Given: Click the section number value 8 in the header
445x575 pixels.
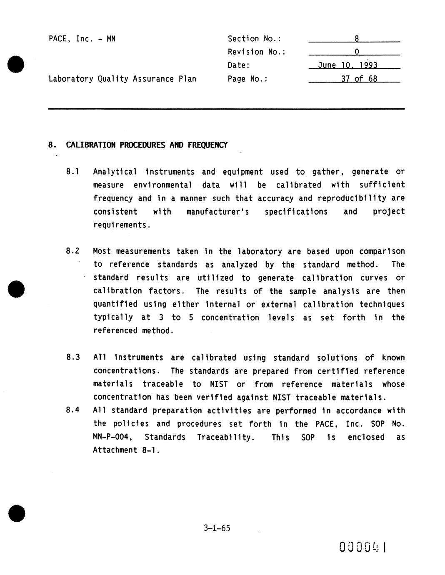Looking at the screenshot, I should [357, 39].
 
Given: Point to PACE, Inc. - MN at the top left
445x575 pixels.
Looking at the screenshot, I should [82, 39].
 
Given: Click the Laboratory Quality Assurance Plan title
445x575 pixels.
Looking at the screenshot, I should [122, 79].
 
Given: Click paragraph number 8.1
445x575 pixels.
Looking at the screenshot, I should [73, 172].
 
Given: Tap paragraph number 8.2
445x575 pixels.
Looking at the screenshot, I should [73, 251].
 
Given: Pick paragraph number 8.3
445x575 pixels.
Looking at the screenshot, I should [73, 357].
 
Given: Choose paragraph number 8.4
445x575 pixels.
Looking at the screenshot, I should [73, 410].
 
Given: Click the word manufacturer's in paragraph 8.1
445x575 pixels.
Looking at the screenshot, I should [217, 212].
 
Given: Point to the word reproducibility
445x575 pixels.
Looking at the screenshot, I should [352, 198].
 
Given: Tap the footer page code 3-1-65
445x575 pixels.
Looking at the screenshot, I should [217, 528].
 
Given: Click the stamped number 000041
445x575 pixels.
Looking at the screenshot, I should [363, 547].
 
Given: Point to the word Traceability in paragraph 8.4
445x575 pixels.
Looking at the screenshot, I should [225, 437].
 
